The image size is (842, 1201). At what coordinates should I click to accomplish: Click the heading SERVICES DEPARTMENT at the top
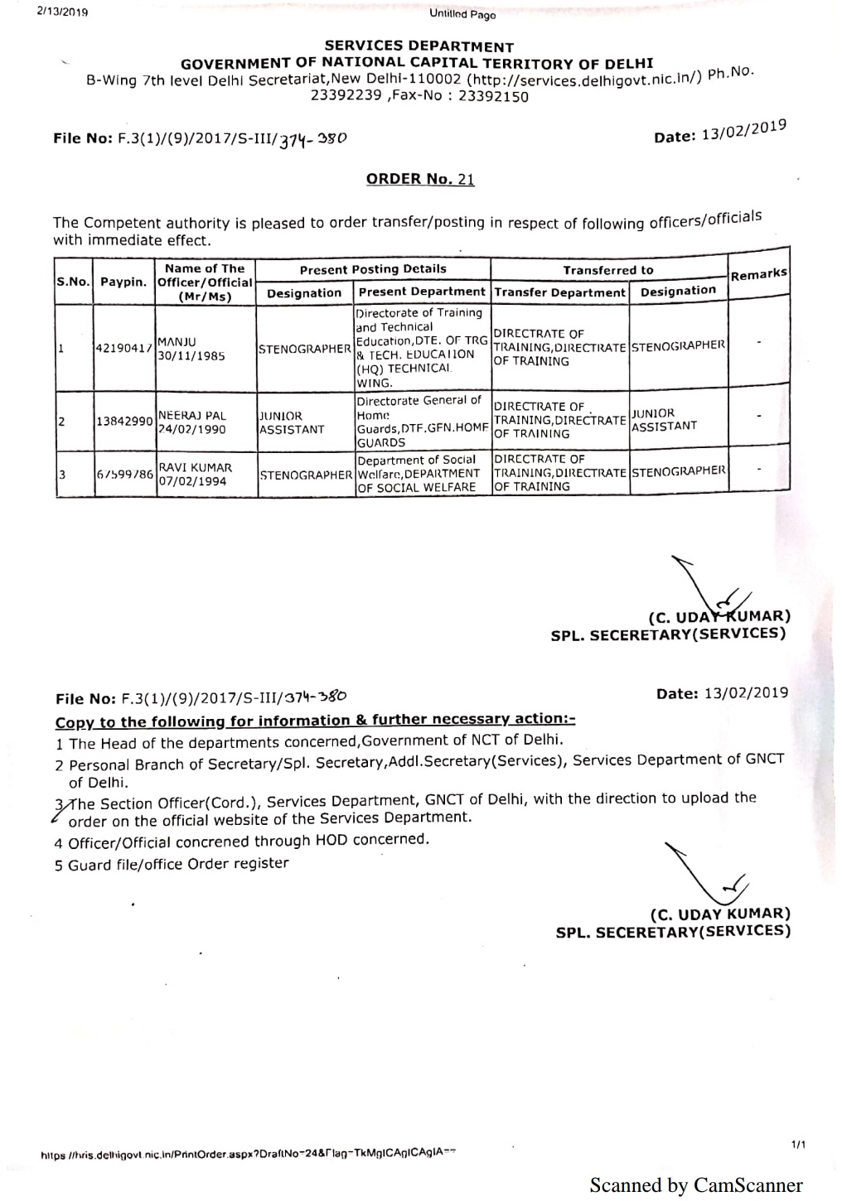tap(419, 47)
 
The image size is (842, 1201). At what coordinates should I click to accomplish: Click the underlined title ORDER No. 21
tap(420, 179)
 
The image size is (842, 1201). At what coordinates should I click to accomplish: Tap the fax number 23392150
tap(493, 96)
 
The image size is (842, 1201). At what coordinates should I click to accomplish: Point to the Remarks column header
tap(758, 275)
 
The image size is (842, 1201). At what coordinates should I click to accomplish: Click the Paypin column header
tap(124, 282)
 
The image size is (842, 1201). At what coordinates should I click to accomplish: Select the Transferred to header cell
tap(607, 270)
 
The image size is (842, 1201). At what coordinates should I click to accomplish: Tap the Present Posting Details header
tap(373, 269)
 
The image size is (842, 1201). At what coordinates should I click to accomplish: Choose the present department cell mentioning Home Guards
tap(420, 422)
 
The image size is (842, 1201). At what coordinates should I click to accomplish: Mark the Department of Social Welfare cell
tap(420, 474)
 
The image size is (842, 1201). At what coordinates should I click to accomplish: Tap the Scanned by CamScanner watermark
tap(696, 1185)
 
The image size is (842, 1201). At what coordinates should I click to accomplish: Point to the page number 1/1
tap(799, 1145)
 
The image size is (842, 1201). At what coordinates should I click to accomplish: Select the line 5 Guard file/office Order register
tap(172, 864)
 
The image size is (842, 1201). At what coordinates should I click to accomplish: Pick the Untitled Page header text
tap(462, 14)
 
